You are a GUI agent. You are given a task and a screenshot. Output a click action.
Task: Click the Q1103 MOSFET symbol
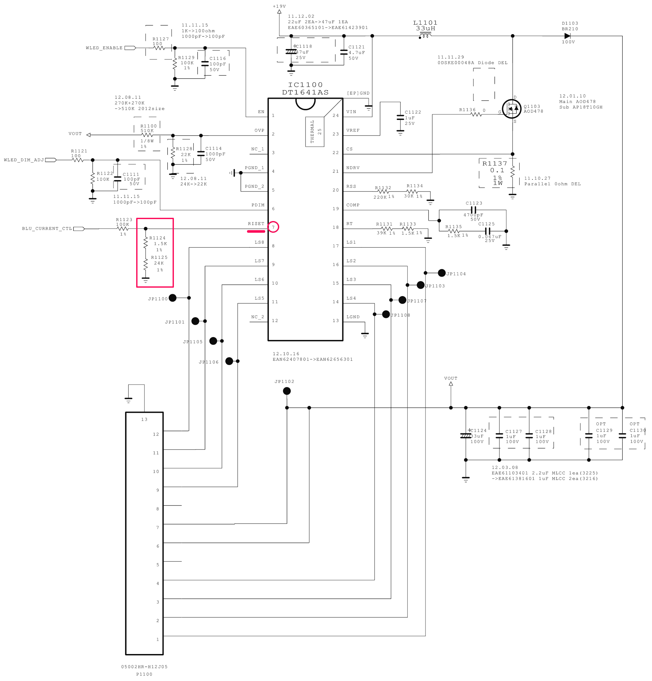click(x=511, y=109)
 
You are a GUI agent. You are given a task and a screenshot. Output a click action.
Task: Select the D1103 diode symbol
click(x=567, y=36)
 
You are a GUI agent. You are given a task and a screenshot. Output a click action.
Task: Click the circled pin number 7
click(x=273, y=227)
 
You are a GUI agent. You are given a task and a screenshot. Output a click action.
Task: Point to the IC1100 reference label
click(x=305, y=85)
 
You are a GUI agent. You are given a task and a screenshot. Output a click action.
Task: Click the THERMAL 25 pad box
click(x=315, y=132)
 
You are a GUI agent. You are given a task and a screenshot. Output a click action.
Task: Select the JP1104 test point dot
click(x=441, y=273)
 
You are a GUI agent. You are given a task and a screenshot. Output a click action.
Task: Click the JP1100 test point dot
click(x=172, y=298)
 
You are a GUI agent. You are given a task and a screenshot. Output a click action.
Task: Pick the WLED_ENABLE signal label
click(x=104, y=48)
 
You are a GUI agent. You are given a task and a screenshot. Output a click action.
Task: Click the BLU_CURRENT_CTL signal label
click(x=47, y=229)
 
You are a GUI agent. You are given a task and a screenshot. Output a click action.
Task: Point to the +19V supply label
click(x=279, y=6)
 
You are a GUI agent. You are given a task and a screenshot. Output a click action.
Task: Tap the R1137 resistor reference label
click(x=495, y=163)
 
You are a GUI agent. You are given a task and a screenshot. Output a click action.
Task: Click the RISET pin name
click(x=256, y=224)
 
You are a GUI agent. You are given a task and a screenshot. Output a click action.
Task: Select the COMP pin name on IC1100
click(x=353, y=205)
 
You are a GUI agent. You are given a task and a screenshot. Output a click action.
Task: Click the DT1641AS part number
click(x=305, y=92)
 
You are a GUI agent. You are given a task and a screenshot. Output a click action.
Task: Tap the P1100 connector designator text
click(x=144, y=674)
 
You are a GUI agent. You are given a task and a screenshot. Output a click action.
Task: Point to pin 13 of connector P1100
click(x=144, y=419)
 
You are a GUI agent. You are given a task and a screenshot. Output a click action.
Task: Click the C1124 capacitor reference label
click(x=479, y=430)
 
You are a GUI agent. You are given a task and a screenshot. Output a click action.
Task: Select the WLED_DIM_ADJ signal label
click(x=24, y=160)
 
